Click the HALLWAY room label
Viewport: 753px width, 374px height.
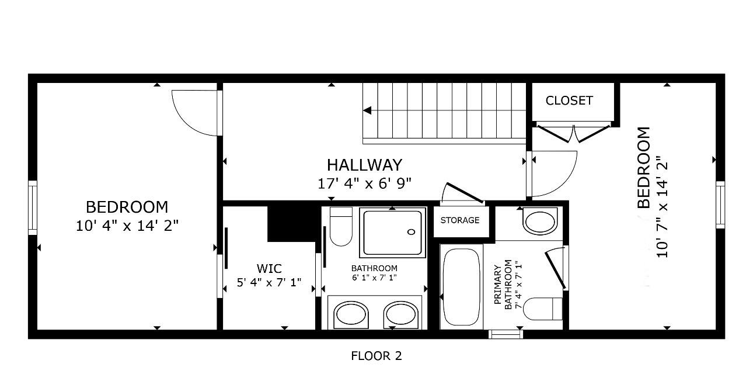364,165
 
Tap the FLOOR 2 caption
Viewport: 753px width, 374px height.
376,355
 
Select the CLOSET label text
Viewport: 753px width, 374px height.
569,101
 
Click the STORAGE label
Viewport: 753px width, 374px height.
460,220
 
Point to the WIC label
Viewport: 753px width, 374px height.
269,269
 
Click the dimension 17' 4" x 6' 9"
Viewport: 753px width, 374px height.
364,183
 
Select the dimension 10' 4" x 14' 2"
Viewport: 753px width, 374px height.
127,226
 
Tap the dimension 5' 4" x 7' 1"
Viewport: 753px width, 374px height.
269,283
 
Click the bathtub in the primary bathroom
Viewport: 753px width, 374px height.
461,286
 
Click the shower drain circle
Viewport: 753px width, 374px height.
410,231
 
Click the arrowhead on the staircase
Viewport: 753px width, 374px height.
367,110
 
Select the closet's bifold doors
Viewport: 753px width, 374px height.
574,134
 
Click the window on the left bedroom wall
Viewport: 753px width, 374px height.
33,207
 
